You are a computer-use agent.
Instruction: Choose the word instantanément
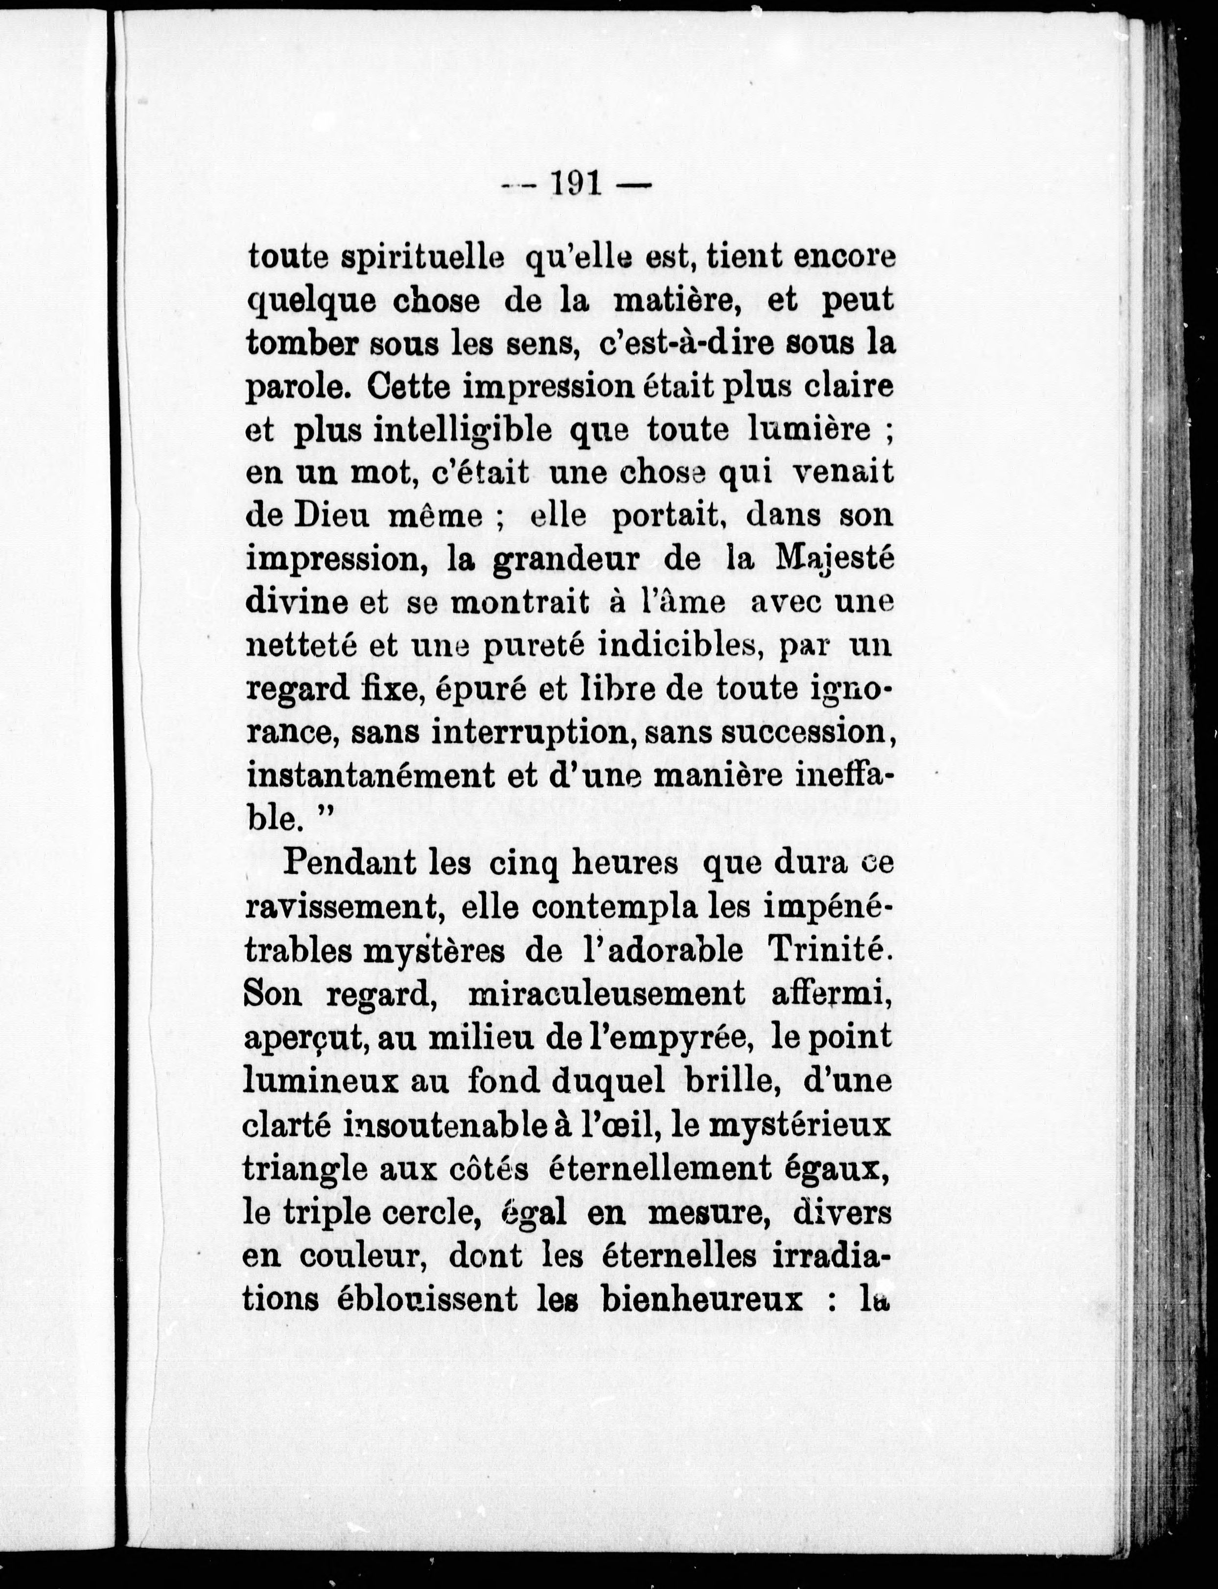[x=368, y=775]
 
